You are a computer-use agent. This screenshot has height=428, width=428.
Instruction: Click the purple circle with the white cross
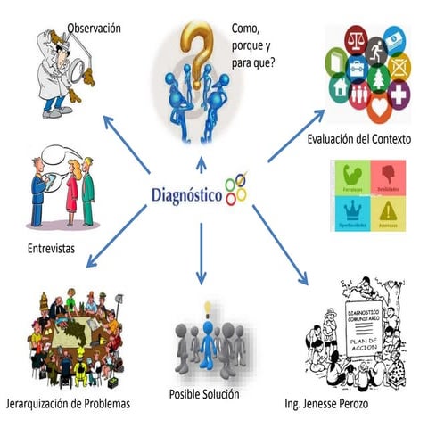(399, 92)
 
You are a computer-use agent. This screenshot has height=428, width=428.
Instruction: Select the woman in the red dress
(71, 188)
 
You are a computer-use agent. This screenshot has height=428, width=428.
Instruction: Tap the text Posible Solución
(204, 393)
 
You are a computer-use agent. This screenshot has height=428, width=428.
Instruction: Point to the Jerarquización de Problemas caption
(67, 403)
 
